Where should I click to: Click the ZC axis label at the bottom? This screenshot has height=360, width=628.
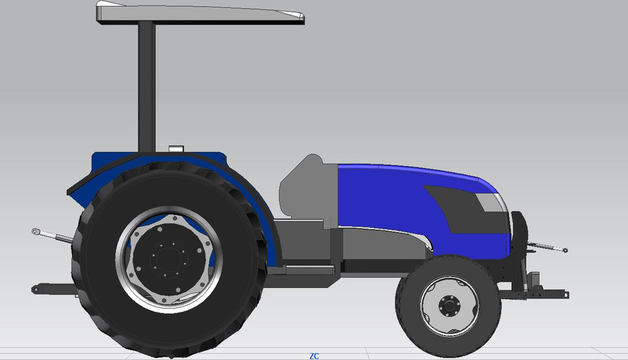(x=314, y=356)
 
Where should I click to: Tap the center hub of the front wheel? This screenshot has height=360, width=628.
(x=449, y=306)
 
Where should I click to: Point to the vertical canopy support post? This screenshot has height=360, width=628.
(x=147, y=85)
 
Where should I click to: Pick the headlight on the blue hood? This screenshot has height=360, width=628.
(x=489, y=202)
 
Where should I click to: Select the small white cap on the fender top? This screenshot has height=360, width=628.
(x=175, y=149)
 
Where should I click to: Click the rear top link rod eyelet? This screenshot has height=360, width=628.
(x=37, y=231)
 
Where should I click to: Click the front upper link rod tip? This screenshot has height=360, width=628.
(x=564, y=250)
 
